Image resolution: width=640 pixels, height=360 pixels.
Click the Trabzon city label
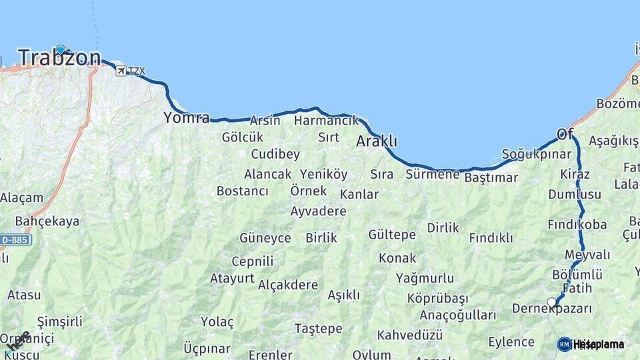(60, 58)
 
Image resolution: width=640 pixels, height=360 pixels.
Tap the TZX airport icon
(121, 71)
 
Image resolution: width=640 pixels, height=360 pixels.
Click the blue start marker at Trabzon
(61, 49)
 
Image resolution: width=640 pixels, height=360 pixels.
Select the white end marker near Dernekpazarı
(552, 302)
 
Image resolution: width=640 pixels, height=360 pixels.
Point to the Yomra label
(186, 119)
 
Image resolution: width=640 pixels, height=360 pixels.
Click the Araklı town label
(377, 141)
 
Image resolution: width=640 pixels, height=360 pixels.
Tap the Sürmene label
(433, 175)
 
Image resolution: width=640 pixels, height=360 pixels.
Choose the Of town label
(565, 135)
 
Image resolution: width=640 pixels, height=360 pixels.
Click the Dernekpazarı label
(552, 309)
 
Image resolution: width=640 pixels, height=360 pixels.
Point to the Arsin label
(265, 121)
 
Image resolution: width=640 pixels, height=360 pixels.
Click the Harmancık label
(326, 121)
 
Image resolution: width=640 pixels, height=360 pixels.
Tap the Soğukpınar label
(537, 155)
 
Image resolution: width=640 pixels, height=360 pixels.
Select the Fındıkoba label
(577, 224)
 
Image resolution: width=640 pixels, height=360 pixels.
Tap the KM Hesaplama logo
(591, 344)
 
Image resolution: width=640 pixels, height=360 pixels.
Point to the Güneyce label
(265, 238)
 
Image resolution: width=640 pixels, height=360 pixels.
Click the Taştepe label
(319, 329)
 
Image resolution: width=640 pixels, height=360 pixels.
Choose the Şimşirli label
(60, 321)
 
